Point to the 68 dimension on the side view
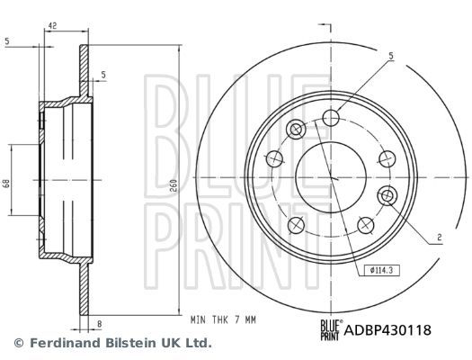pos(6,183)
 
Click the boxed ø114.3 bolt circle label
pos(381,268)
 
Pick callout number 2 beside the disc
pos(438,237)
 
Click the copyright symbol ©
pos(18,343)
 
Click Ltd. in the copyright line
pos(198,343)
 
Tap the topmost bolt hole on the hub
pos(332,116)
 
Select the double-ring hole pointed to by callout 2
pos(388,195)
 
